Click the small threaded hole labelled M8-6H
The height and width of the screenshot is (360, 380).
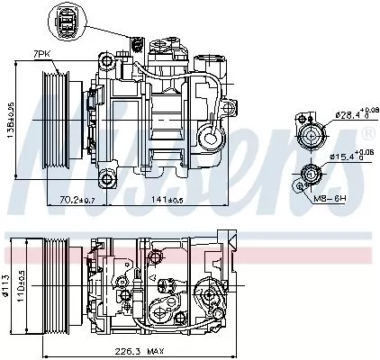pos(299,185)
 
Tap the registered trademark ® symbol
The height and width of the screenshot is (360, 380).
pos(367,133)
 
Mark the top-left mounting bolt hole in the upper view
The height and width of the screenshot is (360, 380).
pos(108,63)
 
